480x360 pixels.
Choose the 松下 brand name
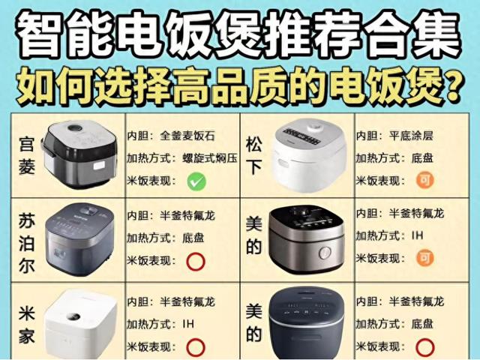pos(254,153)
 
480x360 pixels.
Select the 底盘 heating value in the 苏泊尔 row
pos(195,238)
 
